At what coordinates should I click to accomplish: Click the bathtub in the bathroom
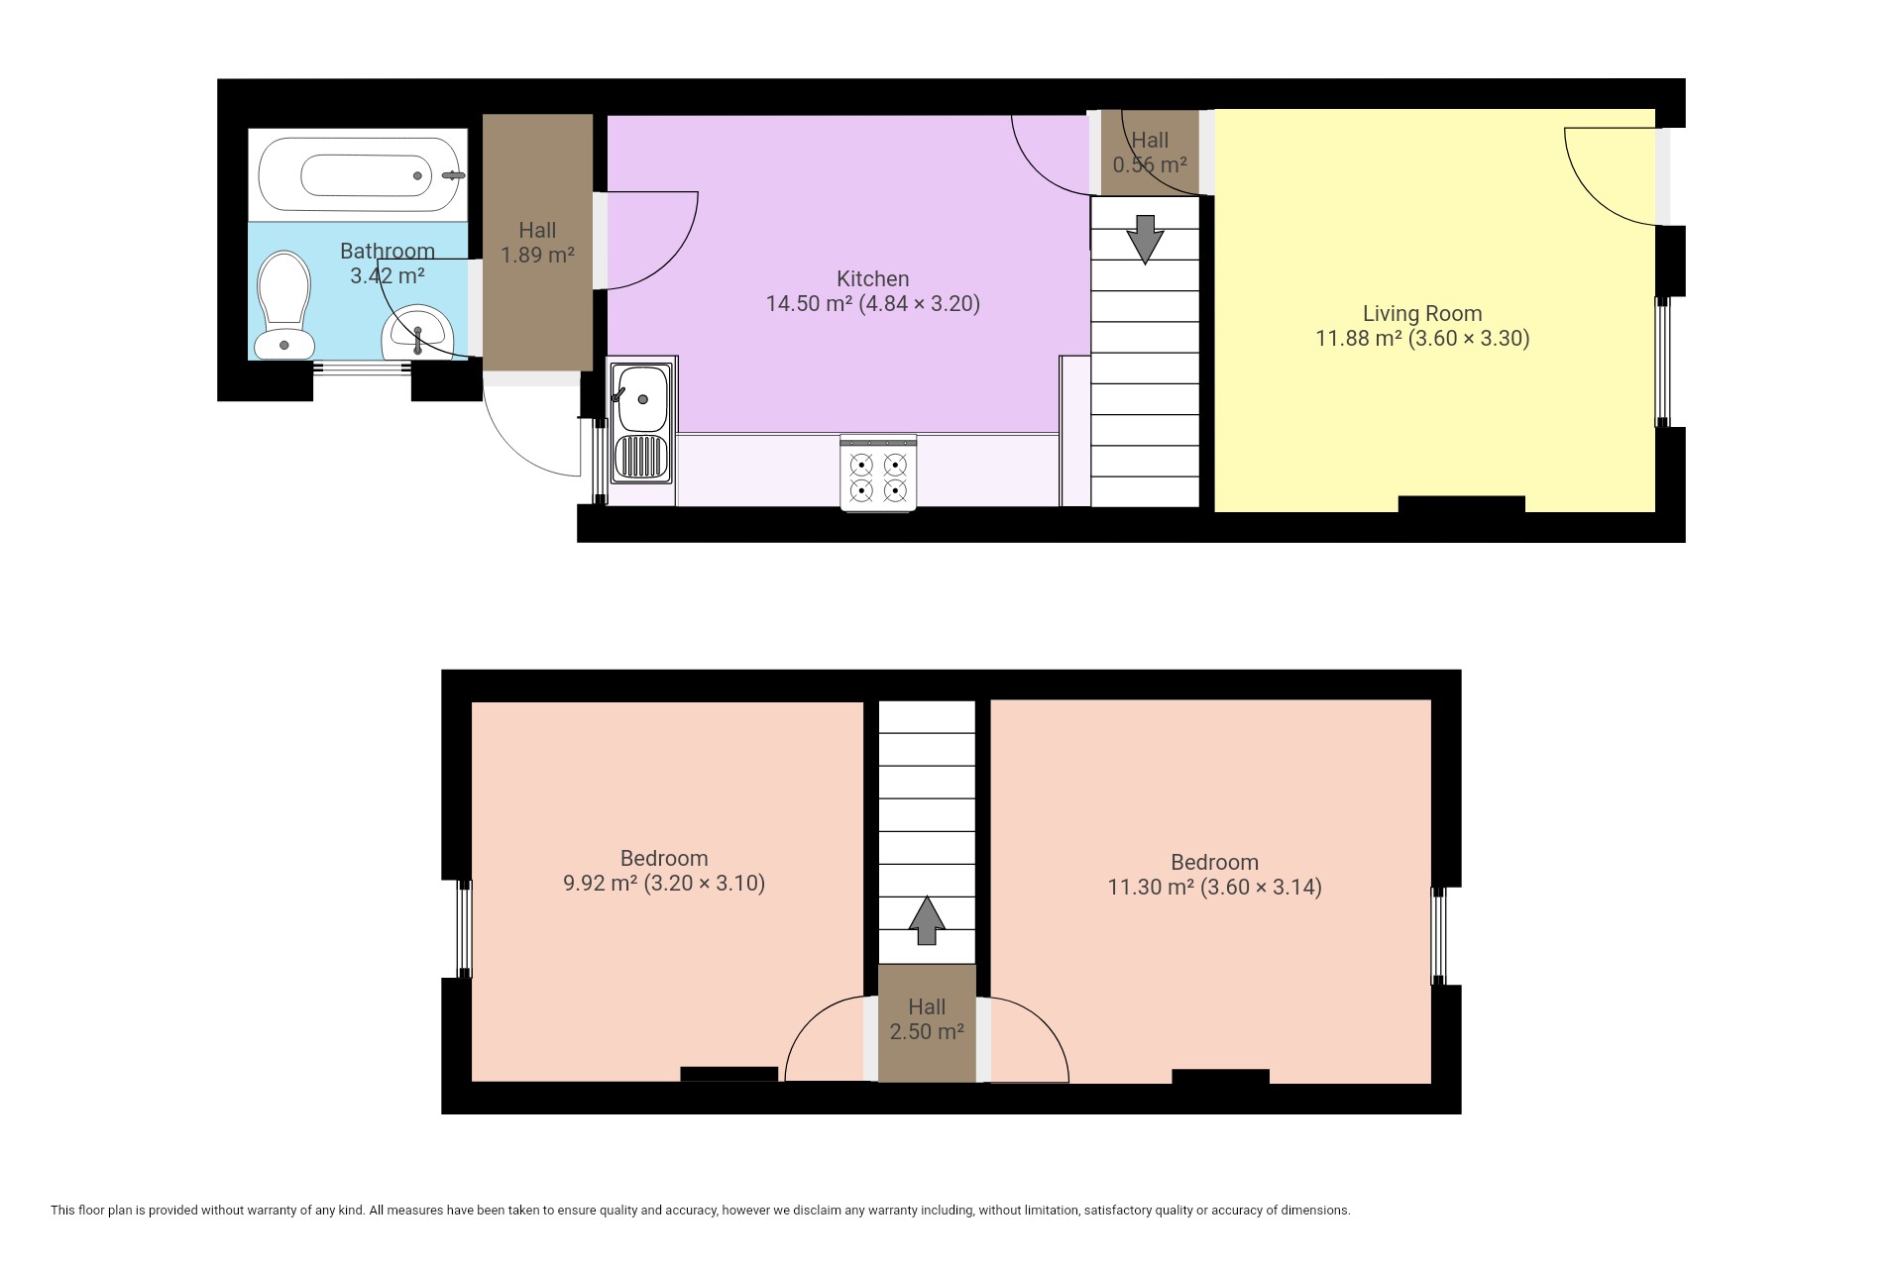point(358,175)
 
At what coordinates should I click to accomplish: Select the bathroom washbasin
point(417,332)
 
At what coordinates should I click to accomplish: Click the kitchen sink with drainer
point(641,423)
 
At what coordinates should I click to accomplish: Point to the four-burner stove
point(878,474)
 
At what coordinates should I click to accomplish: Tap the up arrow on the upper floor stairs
point(927,920)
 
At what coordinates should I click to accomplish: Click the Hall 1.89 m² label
point(537,243)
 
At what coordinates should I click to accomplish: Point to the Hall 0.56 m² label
point(1150,153)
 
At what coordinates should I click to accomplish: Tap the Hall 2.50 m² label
point(927,1019)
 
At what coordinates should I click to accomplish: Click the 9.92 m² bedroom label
point(664,871)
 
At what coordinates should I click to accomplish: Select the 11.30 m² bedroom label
point(1214,875)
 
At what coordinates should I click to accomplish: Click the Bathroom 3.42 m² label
point(388,264)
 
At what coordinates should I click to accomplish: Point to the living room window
point(1662,362)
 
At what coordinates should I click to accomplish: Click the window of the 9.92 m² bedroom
point(463,929)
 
